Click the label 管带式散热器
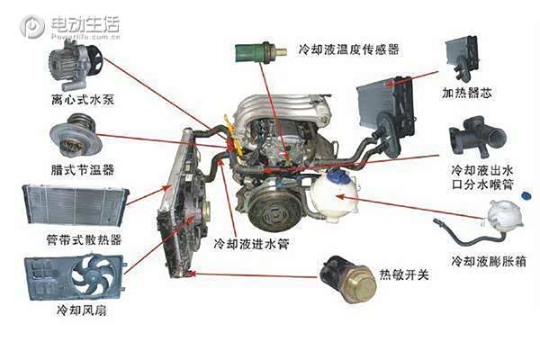pyautogui.click(x=73, y=240)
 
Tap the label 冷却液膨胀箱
pyautogui.click(x=486, y=261)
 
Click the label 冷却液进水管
pyautogui.click(x=249, y=243)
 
